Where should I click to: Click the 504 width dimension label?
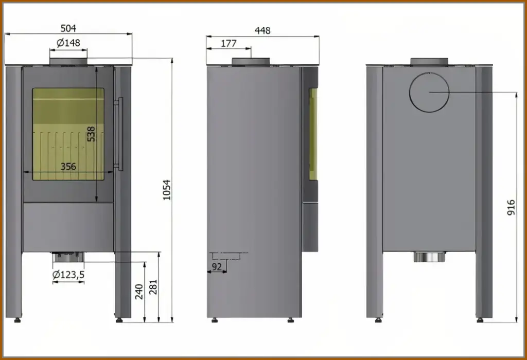(x=68, y=28)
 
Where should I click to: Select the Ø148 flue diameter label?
(x=68, y=43)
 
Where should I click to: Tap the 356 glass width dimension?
(x=68, y=166)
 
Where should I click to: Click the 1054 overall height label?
(x=166, y=191)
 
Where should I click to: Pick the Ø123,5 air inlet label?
(x=68, y=275)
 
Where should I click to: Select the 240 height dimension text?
(x=138, y=292)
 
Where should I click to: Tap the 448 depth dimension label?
(x=262, y=30)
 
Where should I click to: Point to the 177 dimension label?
(x=229, y=44)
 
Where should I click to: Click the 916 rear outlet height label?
(x=511, y=208)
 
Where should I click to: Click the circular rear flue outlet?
(x=429, y=93)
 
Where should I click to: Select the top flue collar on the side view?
(x=251, y=62)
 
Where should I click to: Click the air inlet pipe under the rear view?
(x=429, y=257)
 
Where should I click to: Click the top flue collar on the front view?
(x=68, y=62)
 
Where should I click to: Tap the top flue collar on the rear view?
(x=429, y=62)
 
